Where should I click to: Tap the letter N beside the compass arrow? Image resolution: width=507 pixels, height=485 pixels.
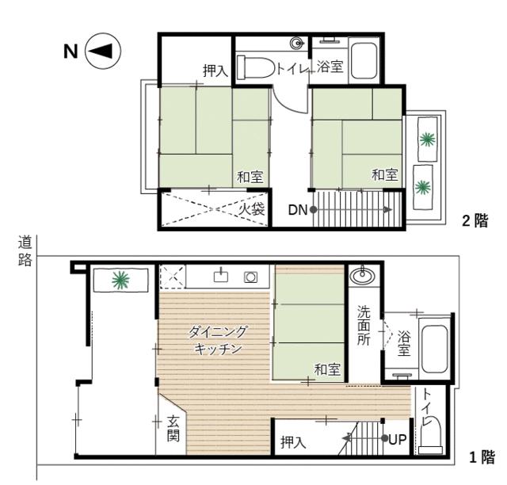tap(71, 50)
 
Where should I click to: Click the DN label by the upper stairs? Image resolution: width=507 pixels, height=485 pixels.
tap(298, 209)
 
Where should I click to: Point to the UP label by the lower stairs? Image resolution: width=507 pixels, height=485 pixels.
tap(396, 438)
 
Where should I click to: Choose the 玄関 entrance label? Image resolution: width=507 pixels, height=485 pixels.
tap(173, 429)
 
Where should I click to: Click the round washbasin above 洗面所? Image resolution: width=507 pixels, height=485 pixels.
tap(362, 277)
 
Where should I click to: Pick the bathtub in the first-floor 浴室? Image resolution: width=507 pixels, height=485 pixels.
tap(434, 349)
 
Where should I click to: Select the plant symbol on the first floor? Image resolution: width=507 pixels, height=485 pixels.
tap(120, 278)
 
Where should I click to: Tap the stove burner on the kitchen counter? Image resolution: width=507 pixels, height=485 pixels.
tap(250, 277)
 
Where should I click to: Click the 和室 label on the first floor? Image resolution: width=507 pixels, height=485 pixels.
tap(326, 369)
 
